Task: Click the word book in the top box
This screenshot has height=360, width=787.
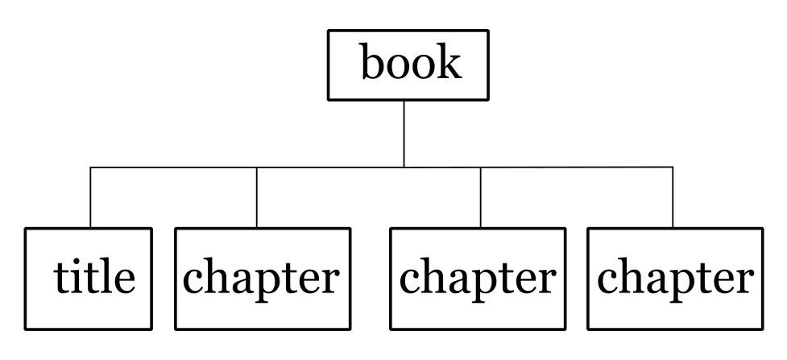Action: click(x=411, y=61)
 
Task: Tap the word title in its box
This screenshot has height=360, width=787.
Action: click(x=94, y=277)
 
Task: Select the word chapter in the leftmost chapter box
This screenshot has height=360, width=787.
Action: click(x=261, y=279)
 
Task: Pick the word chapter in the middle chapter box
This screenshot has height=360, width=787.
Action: click(x=478, y=279)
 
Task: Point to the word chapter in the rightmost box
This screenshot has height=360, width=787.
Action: click(x=675, y=279)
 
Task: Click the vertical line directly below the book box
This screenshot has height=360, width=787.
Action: click(x=404, y=134)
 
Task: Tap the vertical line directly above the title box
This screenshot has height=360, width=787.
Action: click(x=90, y=197)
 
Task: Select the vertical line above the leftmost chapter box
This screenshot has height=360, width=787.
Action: click(x=256, y=197)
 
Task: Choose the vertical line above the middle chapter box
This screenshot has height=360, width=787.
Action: click(x=480, y=197)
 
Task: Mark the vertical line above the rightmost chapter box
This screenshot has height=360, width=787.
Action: click(x=673, y=197)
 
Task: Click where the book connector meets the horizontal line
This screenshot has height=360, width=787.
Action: click(x=404, y=168)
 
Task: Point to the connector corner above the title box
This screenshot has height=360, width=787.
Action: click(x=90, y=168)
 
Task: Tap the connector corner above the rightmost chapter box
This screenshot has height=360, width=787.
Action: click(x=673, y=168)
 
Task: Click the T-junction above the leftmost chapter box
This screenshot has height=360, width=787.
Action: click(x=256, y=168)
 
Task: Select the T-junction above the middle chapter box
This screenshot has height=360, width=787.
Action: click(x=480, y=168)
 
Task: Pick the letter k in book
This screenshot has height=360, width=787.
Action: click(x=450, y=61)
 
